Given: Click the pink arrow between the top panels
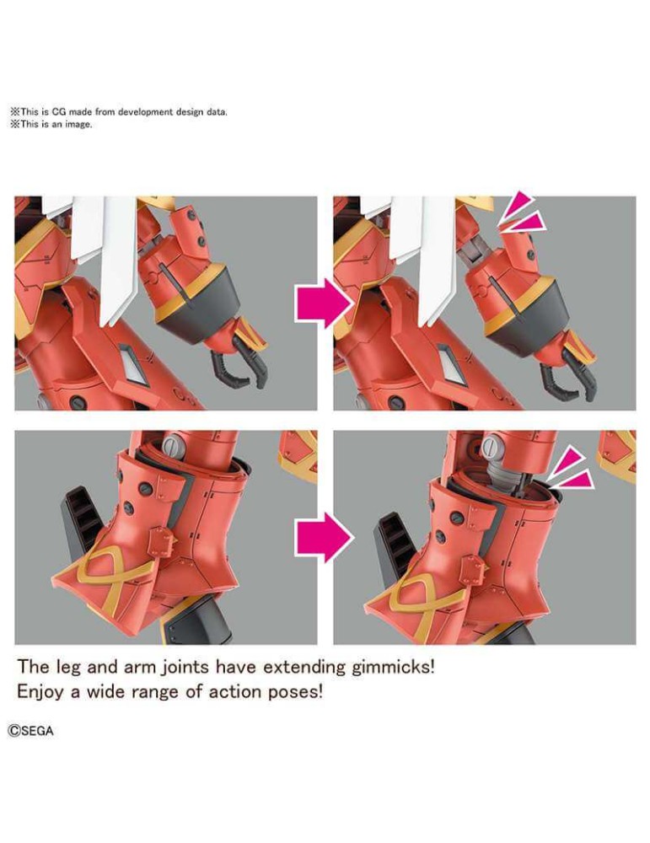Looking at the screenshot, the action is pyautogui.click(x=324, y=303).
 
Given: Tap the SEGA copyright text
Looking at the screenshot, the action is pyautogui.click(x=30, y=731).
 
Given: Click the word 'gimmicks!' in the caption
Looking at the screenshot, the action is pyautogui.click(x=393, y=667).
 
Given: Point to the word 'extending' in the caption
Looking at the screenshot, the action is pyautogui.click(x=304, y=667).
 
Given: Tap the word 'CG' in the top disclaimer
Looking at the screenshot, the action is pyautogui.click(x=58, y=112).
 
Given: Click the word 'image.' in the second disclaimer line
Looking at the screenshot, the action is pyautogui.click(x=78, y=124).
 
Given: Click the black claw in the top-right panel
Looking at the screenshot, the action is pyautogui.click(x=567, y=376).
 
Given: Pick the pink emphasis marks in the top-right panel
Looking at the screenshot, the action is pyautogui.click(x=518, y=214).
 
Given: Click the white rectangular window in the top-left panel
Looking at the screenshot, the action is pyautogui.click(x=130, y=362).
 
